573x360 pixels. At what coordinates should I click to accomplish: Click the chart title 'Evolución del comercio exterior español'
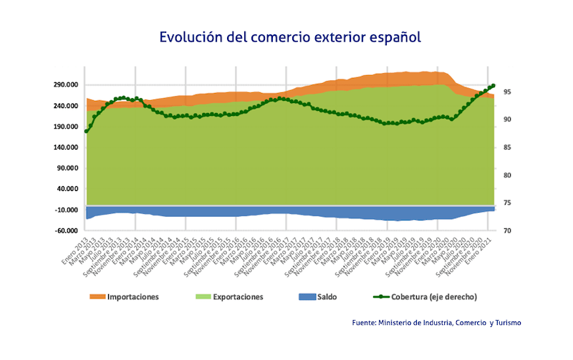(290, 37)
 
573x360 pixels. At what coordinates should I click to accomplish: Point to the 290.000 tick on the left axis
(65, 85)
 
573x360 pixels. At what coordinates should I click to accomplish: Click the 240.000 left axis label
(65, 106)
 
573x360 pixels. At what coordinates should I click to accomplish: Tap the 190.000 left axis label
(65, 127)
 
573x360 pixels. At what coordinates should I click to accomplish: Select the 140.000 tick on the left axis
(65, 147)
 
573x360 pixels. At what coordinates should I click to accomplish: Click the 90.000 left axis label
(67, 168)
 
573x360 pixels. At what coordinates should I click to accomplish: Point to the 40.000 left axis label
(67, 189)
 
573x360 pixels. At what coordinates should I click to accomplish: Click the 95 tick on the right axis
(506, 92)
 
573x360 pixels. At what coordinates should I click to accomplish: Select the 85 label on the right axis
(506, 147)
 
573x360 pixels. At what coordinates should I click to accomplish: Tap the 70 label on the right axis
(506, 230)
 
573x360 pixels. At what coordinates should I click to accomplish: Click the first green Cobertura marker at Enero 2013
(87, 131)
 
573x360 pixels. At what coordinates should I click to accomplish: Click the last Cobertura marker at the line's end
(493, 86)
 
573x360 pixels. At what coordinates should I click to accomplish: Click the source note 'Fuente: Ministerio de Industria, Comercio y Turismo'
(437, 323)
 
